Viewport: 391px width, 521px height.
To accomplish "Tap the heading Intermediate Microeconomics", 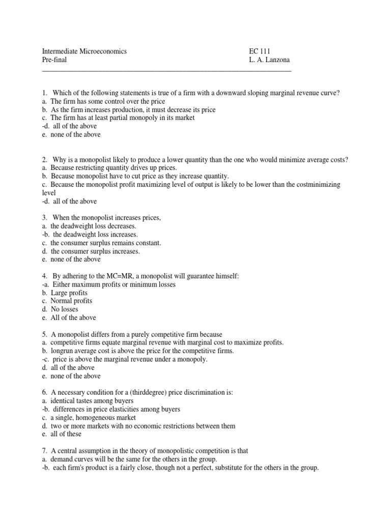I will [x=83, y=51].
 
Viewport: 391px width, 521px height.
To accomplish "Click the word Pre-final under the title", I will [x=53, y=60].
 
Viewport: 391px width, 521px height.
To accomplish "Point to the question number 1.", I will [x=44, y=93].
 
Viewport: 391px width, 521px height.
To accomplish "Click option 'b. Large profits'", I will [x=64, y=293].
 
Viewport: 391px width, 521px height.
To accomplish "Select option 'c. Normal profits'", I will [x=67, y=301].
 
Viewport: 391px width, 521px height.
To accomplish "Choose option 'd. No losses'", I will [x=61, y=309].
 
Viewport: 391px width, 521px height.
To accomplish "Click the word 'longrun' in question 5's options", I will [x=62, y=351].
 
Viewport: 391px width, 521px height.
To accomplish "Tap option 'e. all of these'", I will [x=62, y=434].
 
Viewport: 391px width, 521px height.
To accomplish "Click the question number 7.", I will [x=44, y=451].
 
